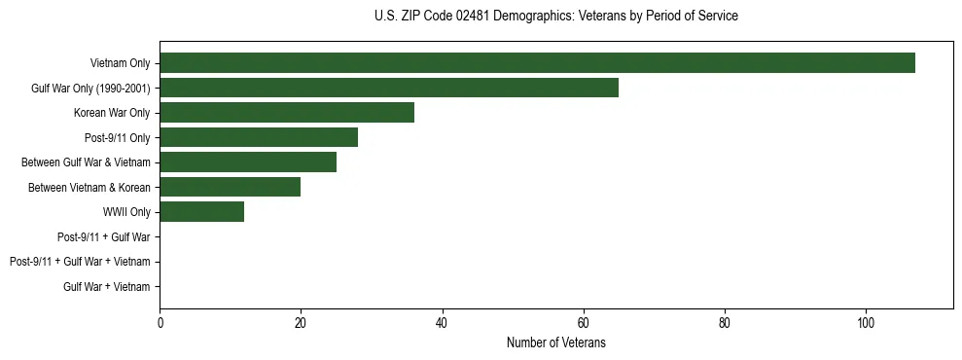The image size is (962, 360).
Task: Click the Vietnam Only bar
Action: pyautogui.click(x=537, y=63)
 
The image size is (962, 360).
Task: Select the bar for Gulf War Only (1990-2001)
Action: pyautogui.click(x=389, y=89)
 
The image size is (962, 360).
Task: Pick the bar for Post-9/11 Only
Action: pyautogui.click(x=259, y=137)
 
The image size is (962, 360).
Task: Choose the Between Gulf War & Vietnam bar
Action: pyautogui.click(x=248, y=162)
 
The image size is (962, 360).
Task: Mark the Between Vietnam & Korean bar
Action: pyautogui.click(x=231, y=187)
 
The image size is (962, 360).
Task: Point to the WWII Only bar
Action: pyautogui.click(x=202, y=212)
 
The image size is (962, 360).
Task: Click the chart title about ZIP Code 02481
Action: pyautogui.click(x=555, y=17)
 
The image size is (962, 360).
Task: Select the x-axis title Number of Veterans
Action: pyautogui.click(x=555, y=342)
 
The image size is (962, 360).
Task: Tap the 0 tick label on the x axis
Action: pyautogui.click(x=160, y=324)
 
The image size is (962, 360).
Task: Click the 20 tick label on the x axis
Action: pyautogui.click(x=301, y=324)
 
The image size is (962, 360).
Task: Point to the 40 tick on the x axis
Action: pyautogui.click(x=442, y=324)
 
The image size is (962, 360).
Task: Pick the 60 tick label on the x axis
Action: pyautogui.click(x=584, y=324)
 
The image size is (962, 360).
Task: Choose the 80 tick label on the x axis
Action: pyautogui.click(x=725, y=324)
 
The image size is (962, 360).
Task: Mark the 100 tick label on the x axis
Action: pyautogui.click(x=866, y=324)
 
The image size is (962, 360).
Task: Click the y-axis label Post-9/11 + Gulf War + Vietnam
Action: pyautogui.click(x=80, y=262)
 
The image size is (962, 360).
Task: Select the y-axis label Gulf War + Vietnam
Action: pyautogui.click(x=107, y=286)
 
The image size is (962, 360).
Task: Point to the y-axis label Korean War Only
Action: pyautogui.click(x=112, y=113)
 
